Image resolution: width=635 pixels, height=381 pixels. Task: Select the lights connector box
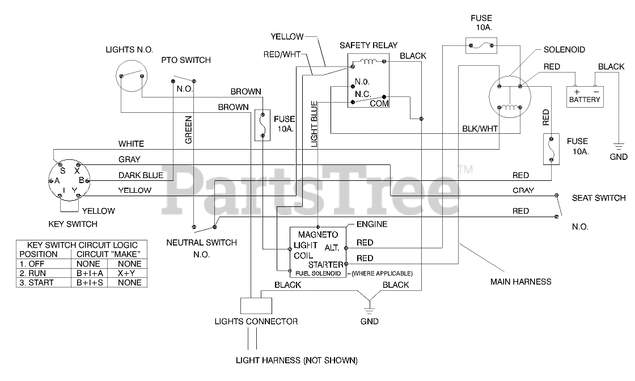tap(256, 306)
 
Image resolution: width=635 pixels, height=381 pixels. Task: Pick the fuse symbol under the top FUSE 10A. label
tap(481, 46)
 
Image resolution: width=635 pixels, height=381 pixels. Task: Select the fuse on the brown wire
tap(263, 125)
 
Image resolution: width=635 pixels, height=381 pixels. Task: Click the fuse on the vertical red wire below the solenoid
tap(551, 149)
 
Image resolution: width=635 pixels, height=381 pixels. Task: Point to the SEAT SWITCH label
tap(599, 198)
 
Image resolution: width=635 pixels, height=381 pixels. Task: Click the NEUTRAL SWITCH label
tap(202, 243)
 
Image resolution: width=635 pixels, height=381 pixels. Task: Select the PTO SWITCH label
tap(186, 60)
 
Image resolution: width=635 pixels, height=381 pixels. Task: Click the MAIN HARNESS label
tap(521, 282)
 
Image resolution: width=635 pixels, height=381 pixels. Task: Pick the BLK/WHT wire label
tap(480, 129)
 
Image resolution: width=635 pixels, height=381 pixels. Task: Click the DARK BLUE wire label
tap(141, 175)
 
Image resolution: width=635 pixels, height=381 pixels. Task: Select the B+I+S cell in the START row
tap(90, 282)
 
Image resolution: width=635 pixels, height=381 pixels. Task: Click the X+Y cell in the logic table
tap(126, 273)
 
